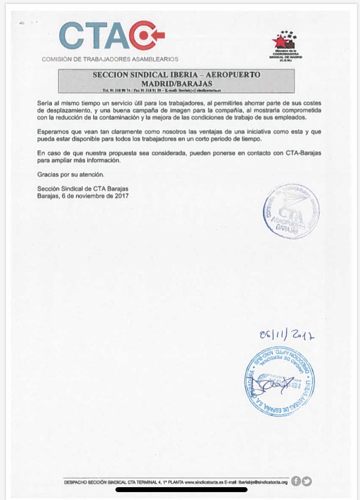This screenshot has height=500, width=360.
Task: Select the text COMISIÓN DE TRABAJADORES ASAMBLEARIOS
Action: click(110, 59)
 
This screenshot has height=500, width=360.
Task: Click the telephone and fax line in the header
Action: click(161, 91)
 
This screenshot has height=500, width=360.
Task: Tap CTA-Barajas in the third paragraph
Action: click(303, 154)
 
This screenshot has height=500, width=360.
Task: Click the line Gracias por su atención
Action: click(71, 175)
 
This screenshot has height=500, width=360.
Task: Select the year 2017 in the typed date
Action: click(121, 196)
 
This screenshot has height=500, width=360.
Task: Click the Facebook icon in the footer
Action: click(296, 482)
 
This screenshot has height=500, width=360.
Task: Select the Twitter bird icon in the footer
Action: click(307, 482)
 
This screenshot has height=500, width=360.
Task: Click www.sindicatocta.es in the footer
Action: click(206, 482)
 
